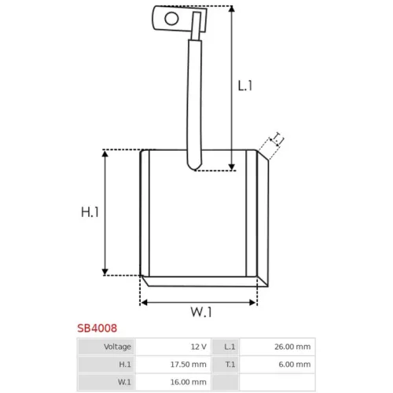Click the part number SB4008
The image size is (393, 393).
[x=97, y=328]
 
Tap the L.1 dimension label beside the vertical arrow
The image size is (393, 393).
[x=245, y=86]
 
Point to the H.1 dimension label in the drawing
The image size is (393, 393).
[x=90, y=212]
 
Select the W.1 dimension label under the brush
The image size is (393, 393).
[x=201, y=312]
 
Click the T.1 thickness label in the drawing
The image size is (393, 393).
[x=277, y=139]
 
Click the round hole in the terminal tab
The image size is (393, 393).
[x=171, y=19]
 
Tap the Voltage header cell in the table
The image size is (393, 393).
[x=106, y=347]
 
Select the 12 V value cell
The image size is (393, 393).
[x=173, y=347]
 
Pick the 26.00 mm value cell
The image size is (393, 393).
[x=277, y=347]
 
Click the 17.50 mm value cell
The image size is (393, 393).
[x=173, y=364]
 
